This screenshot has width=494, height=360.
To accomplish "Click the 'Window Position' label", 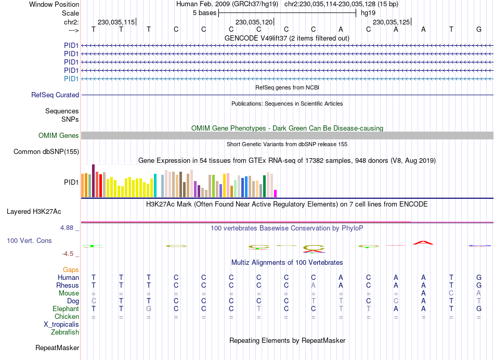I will (54, 4).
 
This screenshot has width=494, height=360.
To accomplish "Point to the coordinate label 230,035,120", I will (254, 22).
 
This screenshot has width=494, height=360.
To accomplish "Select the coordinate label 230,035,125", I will (392, 22).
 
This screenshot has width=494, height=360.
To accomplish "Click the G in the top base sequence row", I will (478, 29).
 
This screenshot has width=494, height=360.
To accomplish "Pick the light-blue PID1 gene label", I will (71, 79).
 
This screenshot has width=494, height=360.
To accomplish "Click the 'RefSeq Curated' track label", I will (55, 95).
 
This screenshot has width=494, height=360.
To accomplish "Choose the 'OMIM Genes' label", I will (59, 135).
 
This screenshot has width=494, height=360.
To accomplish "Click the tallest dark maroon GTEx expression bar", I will (93, 181).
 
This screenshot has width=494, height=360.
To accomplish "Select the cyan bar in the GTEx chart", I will (155, 186).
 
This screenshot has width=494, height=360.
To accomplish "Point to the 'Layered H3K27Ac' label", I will (34, 212).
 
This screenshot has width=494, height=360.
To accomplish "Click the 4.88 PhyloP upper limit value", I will (69, 228).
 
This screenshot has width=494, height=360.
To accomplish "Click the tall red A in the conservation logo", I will (423, 242).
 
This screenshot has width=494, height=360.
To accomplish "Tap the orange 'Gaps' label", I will (71, 269).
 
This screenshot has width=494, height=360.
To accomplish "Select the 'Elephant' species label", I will (66, 308).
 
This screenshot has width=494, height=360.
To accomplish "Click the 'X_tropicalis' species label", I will (61, 324).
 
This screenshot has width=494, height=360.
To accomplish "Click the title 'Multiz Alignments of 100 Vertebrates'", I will (287, 262).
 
